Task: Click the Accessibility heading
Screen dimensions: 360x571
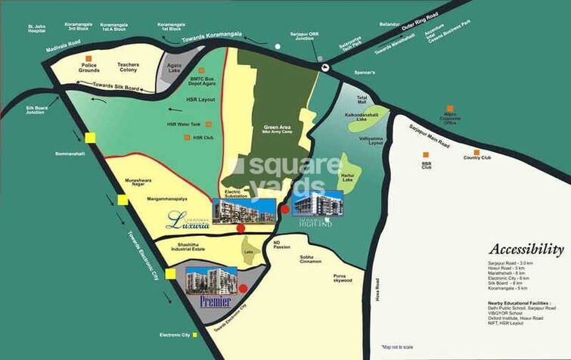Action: [526, 249]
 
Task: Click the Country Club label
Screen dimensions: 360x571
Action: [477, 157]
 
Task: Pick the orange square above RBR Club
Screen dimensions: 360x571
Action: [426, 154]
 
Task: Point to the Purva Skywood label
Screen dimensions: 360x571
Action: [343, 279]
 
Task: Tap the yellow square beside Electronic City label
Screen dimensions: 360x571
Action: [194, 334]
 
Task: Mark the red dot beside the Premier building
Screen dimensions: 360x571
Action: [244, 288]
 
